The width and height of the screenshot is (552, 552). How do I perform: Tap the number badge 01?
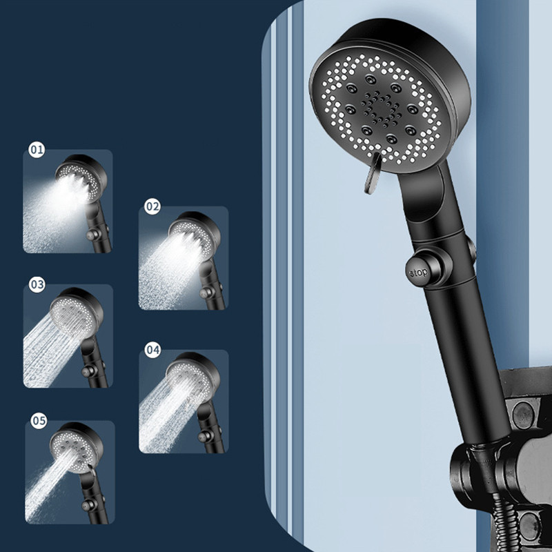(x=37, y=150)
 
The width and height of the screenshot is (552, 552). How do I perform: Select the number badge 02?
(x=152, y=206)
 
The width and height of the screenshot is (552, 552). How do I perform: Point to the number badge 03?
(x=37, y=284)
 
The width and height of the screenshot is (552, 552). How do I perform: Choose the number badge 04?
(x=152, y=350)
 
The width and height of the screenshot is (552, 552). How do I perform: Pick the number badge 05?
(x=39, y=421)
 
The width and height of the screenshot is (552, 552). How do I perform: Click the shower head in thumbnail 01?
(x=81, y=178)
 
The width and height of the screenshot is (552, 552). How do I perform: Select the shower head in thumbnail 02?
(x=195, y=235)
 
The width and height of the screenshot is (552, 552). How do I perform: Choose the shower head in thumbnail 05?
(x=77, y=447)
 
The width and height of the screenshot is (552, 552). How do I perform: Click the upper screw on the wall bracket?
(x=523, y=415)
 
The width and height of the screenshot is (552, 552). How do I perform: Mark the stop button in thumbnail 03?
(x=87, y=371)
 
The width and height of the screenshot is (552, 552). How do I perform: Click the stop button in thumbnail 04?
(x=203, y=436)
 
